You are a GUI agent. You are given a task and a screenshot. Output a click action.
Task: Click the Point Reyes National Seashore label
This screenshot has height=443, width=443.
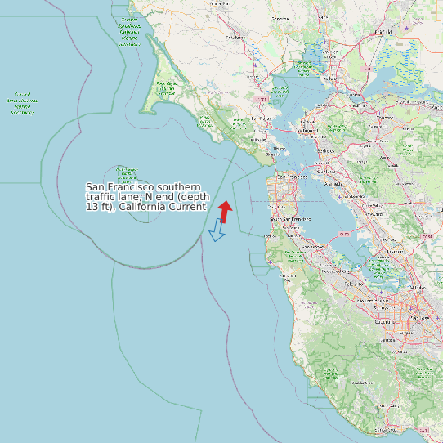pos(166,88)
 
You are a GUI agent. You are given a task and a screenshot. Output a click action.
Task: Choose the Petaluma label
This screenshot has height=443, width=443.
pos(236,38)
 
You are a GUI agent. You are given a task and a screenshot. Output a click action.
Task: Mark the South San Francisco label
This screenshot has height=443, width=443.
pos(290,219)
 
